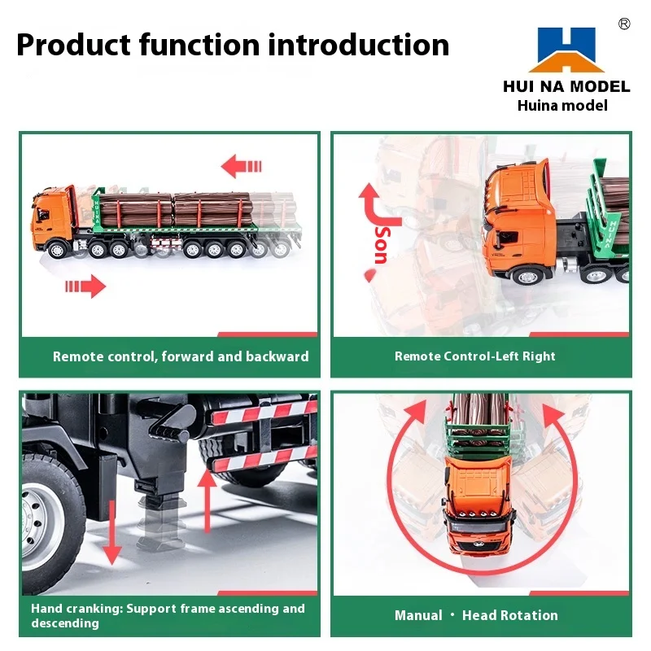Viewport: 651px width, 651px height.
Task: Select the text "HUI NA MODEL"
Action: (566, 86)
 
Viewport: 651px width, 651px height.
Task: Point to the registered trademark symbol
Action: (624, 24)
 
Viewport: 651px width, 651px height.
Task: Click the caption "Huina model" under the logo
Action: (562, 105)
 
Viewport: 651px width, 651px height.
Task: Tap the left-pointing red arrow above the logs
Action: (242, 168)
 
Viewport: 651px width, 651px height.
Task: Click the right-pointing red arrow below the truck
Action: (85, 286)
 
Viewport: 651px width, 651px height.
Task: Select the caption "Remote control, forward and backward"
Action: (181, 356)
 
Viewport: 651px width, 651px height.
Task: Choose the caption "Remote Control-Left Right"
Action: (475, 356)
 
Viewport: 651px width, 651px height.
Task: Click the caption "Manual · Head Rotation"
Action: (476, 615)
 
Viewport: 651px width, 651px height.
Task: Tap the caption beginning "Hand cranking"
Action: (168, 615)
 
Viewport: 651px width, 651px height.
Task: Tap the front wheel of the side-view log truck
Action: (56, 250)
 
